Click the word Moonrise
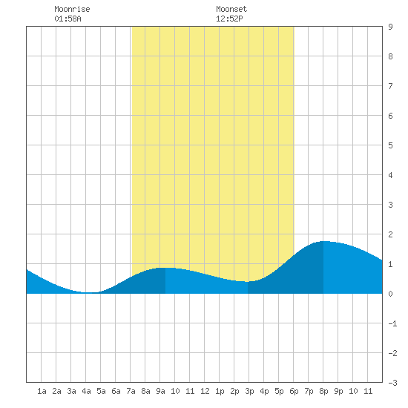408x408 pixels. [x=72, y=9]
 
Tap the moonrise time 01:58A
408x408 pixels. [x=68, y=19]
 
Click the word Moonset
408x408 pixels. [x=231, y=9]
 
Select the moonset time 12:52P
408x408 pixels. [x=229, y=19]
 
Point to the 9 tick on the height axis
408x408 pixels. [x=390, y=27]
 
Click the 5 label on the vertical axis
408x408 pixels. [x=390, y=145]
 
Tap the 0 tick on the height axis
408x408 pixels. [x=390, y=294]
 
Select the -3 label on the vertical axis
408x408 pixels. [x=392, y=383]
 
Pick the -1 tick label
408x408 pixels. [x=392, y=323]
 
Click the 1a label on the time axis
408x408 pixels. [x=42, y=391]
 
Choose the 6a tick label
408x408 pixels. [x=116, y=391]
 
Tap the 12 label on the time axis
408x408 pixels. [x=205, y=391]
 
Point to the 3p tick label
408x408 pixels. [x=249, y=391]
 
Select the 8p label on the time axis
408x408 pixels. [x=323, y=391]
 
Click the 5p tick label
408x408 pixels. [x=279, y=391]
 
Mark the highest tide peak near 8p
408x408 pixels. [x=323, y=241]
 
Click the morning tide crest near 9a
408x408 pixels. [x=165, y=268]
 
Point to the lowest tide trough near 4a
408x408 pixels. [x=90, y=292]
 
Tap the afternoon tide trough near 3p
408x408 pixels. [x=248, y=282]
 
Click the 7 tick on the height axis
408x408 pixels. [x=390, y=86]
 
